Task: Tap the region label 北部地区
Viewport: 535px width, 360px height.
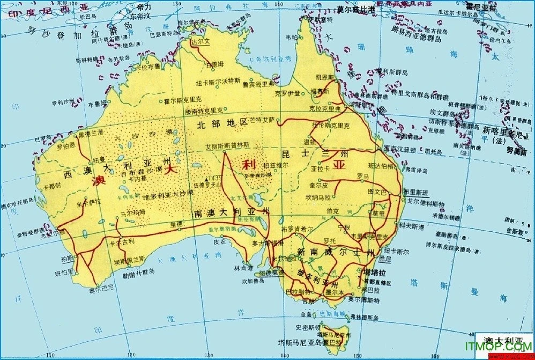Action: click(x=221, y=123)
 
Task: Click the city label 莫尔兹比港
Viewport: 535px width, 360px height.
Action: click(x=359, y=9)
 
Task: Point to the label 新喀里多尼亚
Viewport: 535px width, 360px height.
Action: click(x=502, y=130)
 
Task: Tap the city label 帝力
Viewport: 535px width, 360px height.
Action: click(x=144, y=7)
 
